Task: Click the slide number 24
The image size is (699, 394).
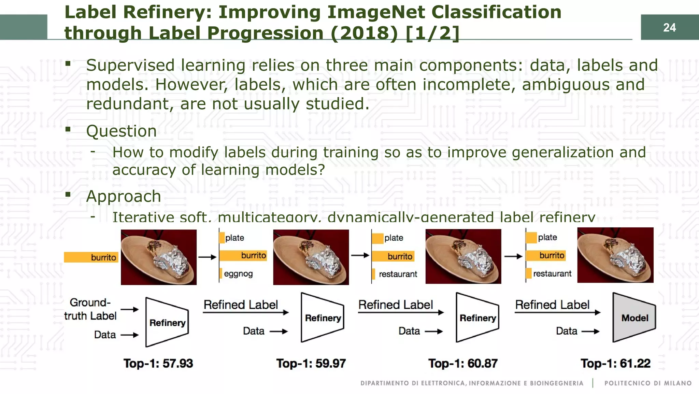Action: click(x=669, y=27)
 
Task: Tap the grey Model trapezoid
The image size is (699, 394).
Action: click(x=634, y=318)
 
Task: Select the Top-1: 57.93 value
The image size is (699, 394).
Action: click(x=158, y=363)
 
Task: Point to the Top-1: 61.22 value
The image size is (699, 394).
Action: click(x=615, y=363)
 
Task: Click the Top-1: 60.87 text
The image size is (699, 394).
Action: click(x=463, y=363)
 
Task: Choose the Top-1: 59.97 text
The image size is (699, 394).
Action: click(x=311, y=363)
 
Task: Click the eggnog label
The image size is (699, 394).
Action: click(x=238, y=274)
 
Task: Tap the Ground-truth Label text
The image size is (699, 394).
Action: click(x=90, y=309)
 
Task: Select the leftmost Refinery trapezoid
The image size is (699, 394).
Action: click(x=167, y=322)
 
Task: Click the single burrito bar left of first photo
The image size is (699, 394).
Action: click(x=91, y=257)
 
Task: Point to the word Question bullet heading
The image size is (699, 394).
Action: click(x=121, y=131)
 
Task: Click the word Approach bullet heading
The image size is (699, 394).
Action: click(x=123, y=196)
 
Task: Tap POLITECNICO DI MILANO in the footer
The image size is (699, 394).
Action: click(x=648, y=383)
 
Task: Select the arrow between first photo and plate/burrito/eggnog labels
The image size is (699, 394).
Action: click(x=208, y=257)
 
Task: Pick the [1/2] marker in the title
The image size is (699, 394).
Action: click(x=432, y=33)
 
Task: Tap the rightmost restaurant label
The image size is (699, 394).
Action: click(x=552, y=273)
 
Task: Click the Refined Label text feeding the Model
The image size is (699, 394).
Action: click(x=552, y=305)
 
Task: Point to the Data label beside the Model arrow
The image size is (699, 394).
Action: click(x=566, y=331)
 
